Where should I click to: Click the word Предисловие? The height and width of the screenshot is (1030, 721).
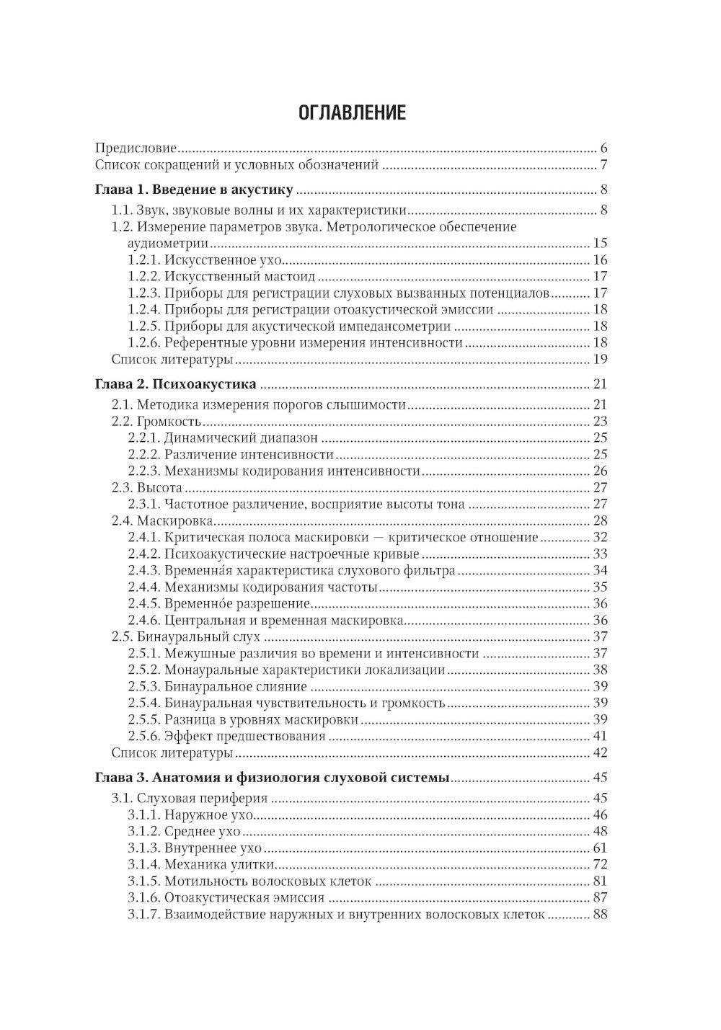136,148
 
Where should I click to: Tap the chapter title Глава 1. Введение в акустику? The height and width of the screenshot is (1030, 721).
194,190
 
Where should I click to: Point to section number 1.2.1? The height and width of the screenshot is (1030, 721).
144,260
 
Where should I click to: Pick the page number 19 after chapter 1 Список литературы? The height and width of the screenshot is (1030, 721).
600,359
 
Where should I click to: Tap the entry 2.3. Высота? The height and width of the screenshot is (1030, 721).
146,487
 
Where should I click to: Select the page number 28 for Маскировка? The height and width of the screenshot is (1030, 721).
600,520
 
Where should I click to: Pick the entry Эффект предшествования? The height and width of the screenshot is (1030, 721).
244,736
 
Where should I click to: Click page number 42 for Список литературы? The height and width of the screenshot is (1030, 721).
600,752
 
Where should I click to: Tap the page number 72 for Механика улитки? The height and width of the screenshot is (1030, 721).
600,864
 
